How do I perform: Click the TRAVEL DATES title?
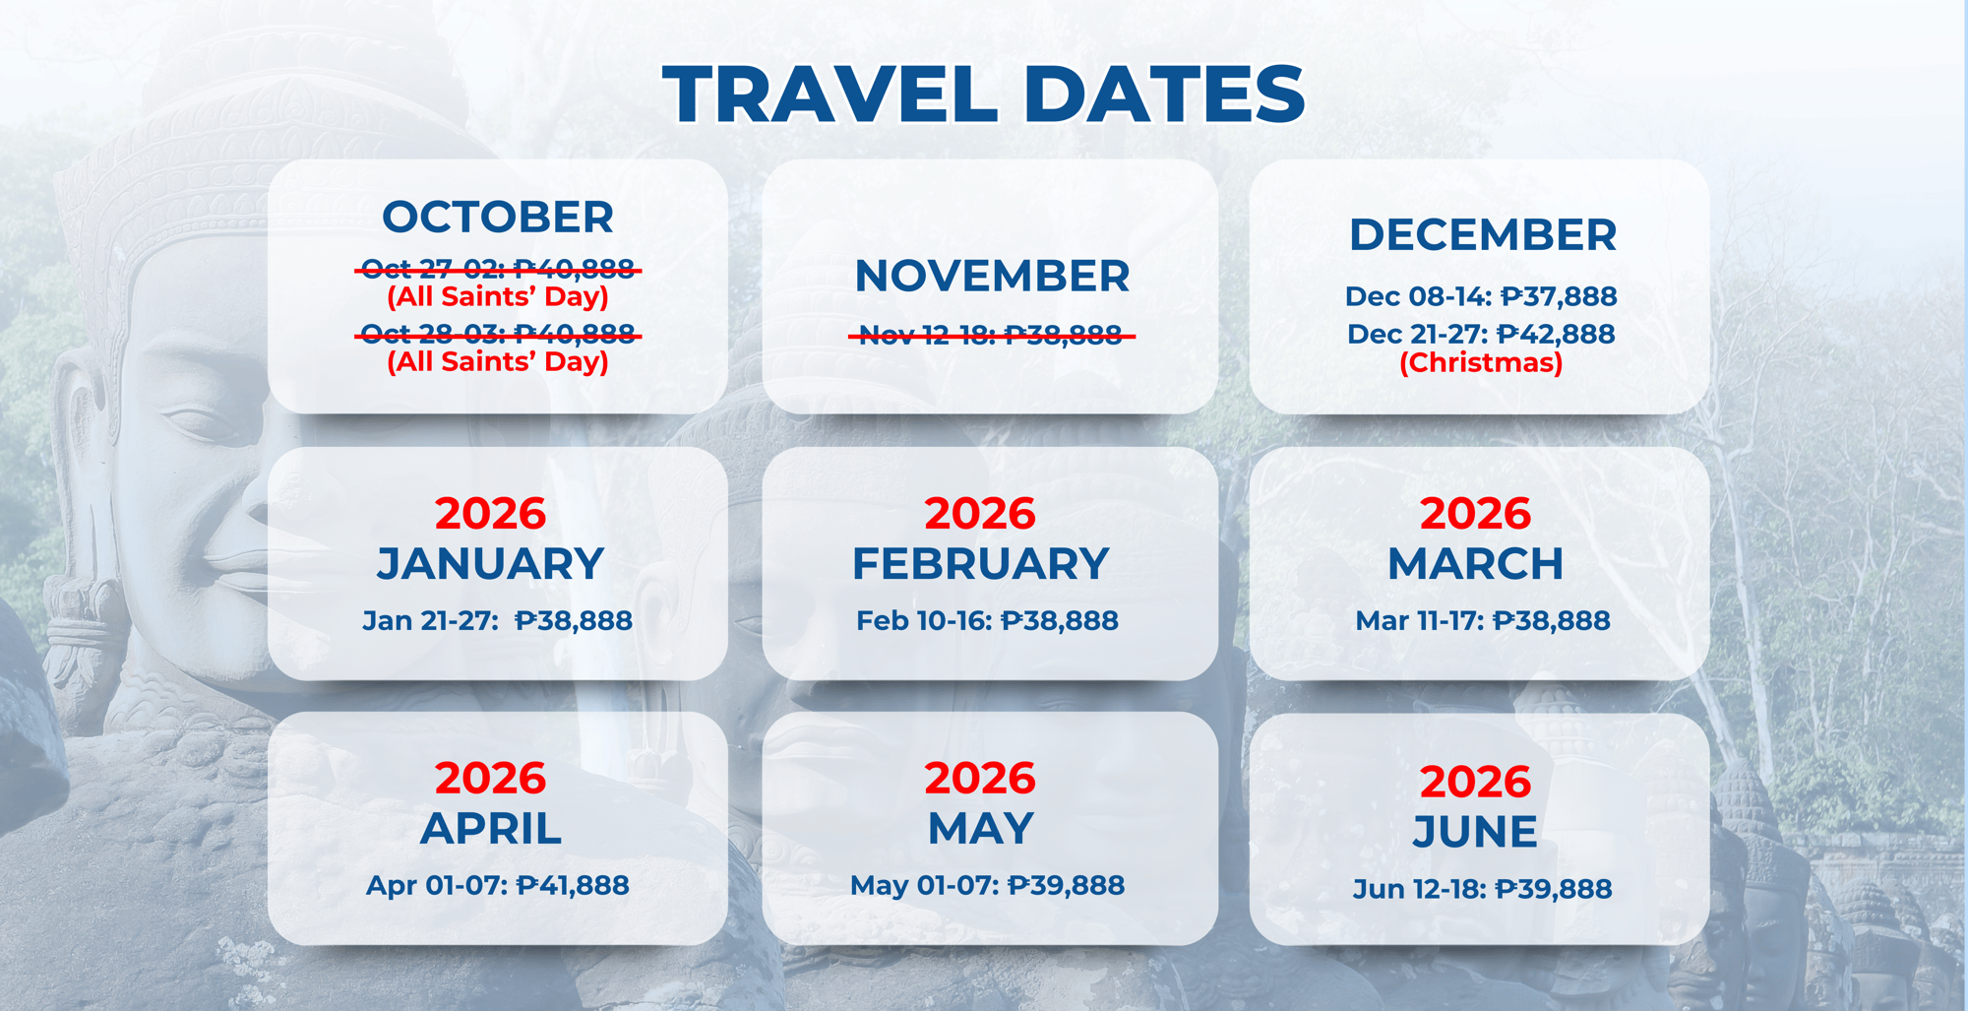click(984, 94)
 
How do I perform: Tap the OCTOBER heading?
click(498, 217)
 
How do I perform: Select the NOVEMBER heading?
click(992, 276)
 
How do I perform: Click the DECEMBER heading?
click(1482, 234)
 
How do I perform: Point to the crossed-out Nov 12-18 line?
click(991, 336)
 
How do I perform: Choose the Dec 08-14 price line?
click(1481, 296)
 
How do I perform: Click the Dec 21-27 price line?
click(1481, 334)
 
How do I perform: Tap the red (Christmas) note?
click(1481, 362)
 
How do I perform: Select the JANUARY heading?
click(490, 564)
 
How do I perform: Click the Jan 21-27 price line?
click(497, 620)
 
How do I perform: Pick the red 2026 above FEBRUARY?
click(980, 513)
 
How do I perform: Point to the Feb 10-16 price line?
click(987, 620)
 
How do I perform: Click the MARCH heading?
click(1475, 564)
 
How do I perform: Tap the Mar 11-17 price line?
click(1482, 620)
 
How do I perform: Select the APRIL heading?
click(491, 829)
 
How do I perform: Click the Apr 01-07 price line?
click(497, 885)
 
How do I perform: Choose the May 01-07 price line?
click(987, 885)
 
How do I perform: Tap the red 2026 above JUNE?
click(1475, 782)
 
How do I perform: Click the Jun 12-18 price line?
click(1482, 889)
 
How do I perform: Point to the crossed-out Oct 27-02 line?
click(498, 269)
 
